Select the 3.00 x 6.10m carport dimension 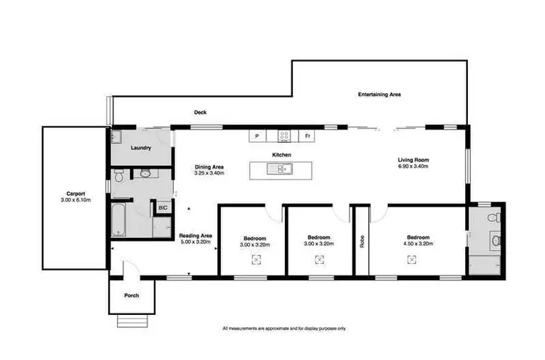click(x=76, y=200)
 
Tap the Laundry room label click(x=140, y=148)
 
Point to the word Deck click(x=201, y=113)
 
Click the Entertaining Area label click(x=379, y=95)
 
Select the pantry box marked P click(x=257, y=135)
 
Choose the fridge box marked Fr click(x=308, y=135)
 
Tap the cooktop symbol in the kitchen click(x=284, y=135)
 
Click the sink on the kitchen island click(x=279, y=170)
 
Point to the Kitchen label click(x=281, y=156)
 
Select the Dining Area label click(x=209, y=167)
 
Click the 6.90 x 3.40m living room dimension click(x=413, y=167)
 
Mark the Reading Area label click(x=195, y=236)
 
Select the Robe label click(x=360, y=241)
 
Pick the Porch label click(x=131, y=295)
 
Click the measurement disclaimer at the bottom click(x=284, y=329)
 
